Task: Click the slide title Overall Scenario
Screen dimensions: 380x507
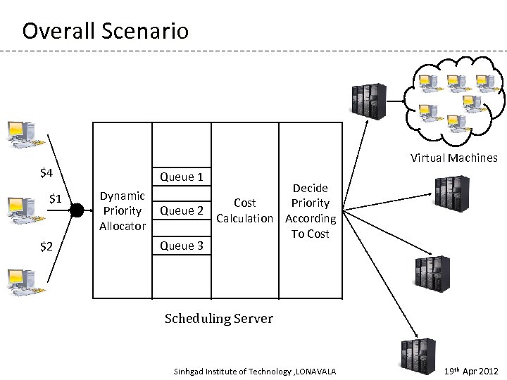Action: (x=106, y=31)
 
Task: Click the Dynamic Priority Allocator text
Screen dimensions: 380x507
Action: (x=123, y=210)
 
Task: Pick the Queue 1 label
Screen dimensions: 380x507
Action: (x=182, y=177)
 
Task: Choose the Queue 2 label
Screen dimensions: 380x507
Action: (x=182, y=210)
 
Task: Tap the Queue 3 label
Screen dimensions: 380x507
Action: (x=182, y=246)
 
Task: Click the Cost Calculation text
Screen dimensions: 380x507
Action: (x=244, y=210)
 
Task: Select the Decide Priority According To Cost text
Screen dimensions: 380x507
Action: (x=311, y=210)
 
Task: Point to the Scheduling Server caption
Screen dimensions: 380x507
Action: (x=218, y=319)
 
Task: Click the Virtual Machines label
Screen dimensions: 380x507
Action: (x=454, y=158)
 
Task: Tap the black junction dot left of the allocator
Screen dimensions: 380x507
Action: (x=77, y=209)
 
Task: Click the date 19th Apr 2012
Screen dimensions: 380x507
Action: (x=472, y=372)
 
